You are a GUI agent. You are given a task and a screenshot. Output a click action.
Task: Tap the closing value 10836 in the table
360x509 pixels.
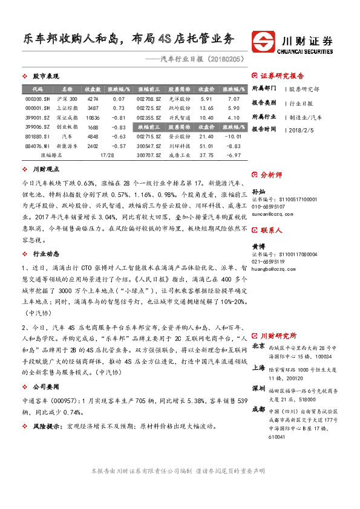pyautogui.click(x=93, y=118)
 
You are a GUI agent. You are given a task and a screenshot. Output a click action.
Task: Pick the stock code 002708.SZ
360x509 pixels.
pyautogui.click(x=149, y=99)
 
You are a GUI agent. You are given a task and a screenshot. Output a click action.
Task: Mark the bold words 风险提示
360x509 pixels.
pyautogui.click(x=47, y=426)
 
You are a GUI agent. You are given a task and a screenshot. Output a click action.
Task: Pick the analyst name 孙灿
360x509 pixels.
pyautogui.click(x=258, y=191)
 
